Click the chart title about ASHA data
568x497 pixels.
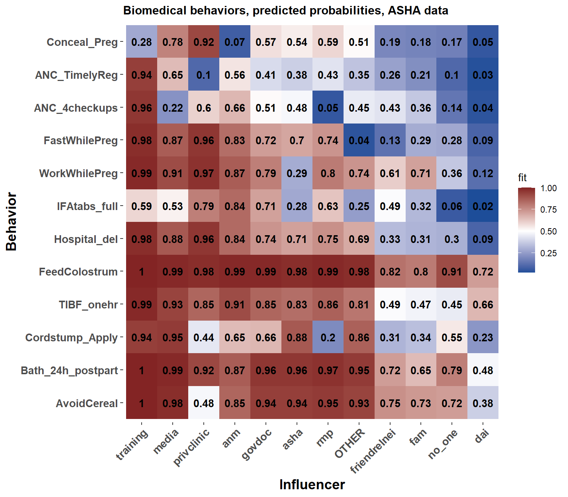pyautogui.click(x=285, y=10)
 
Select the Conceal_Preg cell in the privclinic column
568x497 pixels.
pyautogui.click(x=204, y=42)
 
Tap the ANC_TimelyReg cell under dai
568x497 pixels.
pyautogui.click(x=483, y=75)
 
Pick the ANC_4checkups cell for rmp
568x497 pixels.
pyautogui.click(x=328, y=108)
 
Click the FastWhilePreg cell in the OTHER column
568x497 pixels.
pyautogui.click(x=359, y=141)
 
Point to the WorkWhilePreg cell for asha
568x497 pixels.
pyautogui.click(x=297, y=173)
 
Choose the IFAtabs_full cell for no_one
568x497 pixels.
pyautogui.click(x=452, y=206)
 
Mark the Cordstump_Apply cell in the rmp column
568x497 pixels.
pyautogui.click(x=328, y=337)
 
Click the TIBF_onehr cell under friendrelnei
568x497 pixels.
pyautogui.click(x=390, y=304)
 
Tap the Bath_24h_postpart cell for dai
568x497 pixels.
pyautogui.click(x=483, y=370)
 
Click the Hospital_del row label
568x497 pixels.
pyautogui.click(x=86, y=239)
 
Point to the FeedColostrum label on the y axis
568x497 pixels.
pyautogui.click(x=78, y=272)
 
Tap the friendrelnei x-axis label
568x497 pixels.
pyautogui.click(x=373, y=451)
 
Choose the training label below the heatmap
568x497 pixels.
pyautogui.click(x=132, y=445)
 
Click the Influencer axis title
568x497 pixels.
pyautogui.click(x=312, y=484)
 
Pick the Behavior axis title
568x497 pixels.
pyautogui.click(x=11, y=222)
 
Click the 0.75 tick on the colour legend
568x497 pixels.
pyautogui.click(x=548, y=210)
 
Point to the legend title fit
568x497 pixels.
pyautogui.click(x=522, y=178)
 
